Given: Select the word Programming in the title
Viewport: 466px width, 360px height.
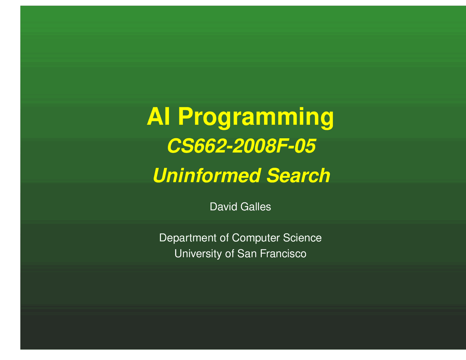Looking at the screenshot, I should (256, 117).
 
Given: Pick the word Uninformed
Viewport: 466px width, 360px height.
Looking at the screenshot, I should (206, 175).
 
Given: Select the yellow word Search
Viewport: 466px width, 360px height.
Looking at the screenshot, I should (298, 175).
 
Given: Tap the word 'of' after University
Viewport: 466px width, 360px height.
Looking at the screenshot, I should (229, 254).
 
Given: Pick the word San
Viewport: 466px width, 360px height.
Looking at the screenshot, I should (247, 254).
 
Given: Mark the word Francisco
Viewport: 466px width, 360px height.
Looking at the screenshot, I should (283, 254).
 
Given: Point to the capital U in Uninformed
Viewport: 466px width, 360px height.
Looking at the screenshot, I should (159, 175).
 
